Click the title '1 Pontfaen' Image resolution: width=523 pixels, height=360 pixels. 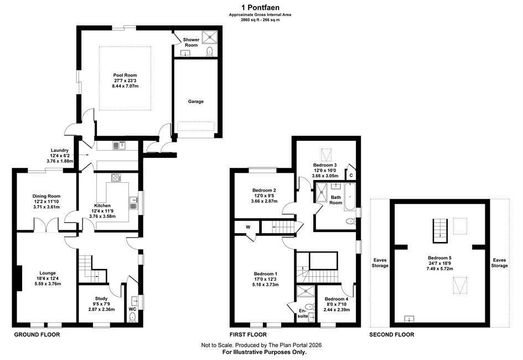[x=261, y=7]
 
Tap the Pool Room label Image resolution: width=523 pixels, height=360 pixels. [x=125, y=75]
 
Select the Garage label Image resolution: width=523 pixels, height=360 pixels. [x=196, y=101]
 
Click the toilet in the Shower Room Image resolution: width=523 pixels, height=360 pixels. [x=210, y=52]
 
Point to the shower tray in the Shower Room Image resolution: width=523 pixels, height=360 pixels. [x=210, y=37]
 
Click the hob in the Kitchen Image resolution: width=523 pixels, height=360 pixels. [x=116, y=177]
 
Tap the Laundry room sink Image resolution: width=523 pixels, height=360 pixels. [x=119, y=146]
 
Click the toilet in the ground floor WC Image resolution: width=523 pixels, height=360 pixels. [x=133, y=317]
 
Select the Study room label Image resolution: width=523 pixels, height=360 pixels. [x=101, y=299]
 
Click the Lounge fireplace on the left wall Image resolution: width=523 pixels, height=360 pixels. [x=19, y=278]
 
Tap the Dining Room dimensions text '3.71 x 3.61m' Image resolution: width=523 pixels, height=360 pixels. [x=46, y=207]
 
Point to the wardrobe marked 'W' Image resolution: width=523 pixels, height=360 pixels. [x=248, y=228]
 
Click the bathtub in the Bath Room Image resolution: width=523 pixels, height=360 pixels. [x=350, y=197]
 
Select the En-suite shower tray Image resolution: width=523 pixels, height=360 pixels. [x=306, y=291]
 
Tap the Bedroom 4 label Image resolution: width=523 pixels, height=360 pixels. [x=336, y=299]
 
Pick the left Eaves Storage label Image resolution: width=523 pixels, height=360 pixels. [x=380, y=263]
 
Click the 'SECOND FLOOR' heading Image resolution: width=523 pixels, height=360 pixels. [x=392, y=335]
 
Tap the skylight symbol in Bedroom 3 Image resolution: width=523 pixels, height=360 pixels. [x=326, y=155]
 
